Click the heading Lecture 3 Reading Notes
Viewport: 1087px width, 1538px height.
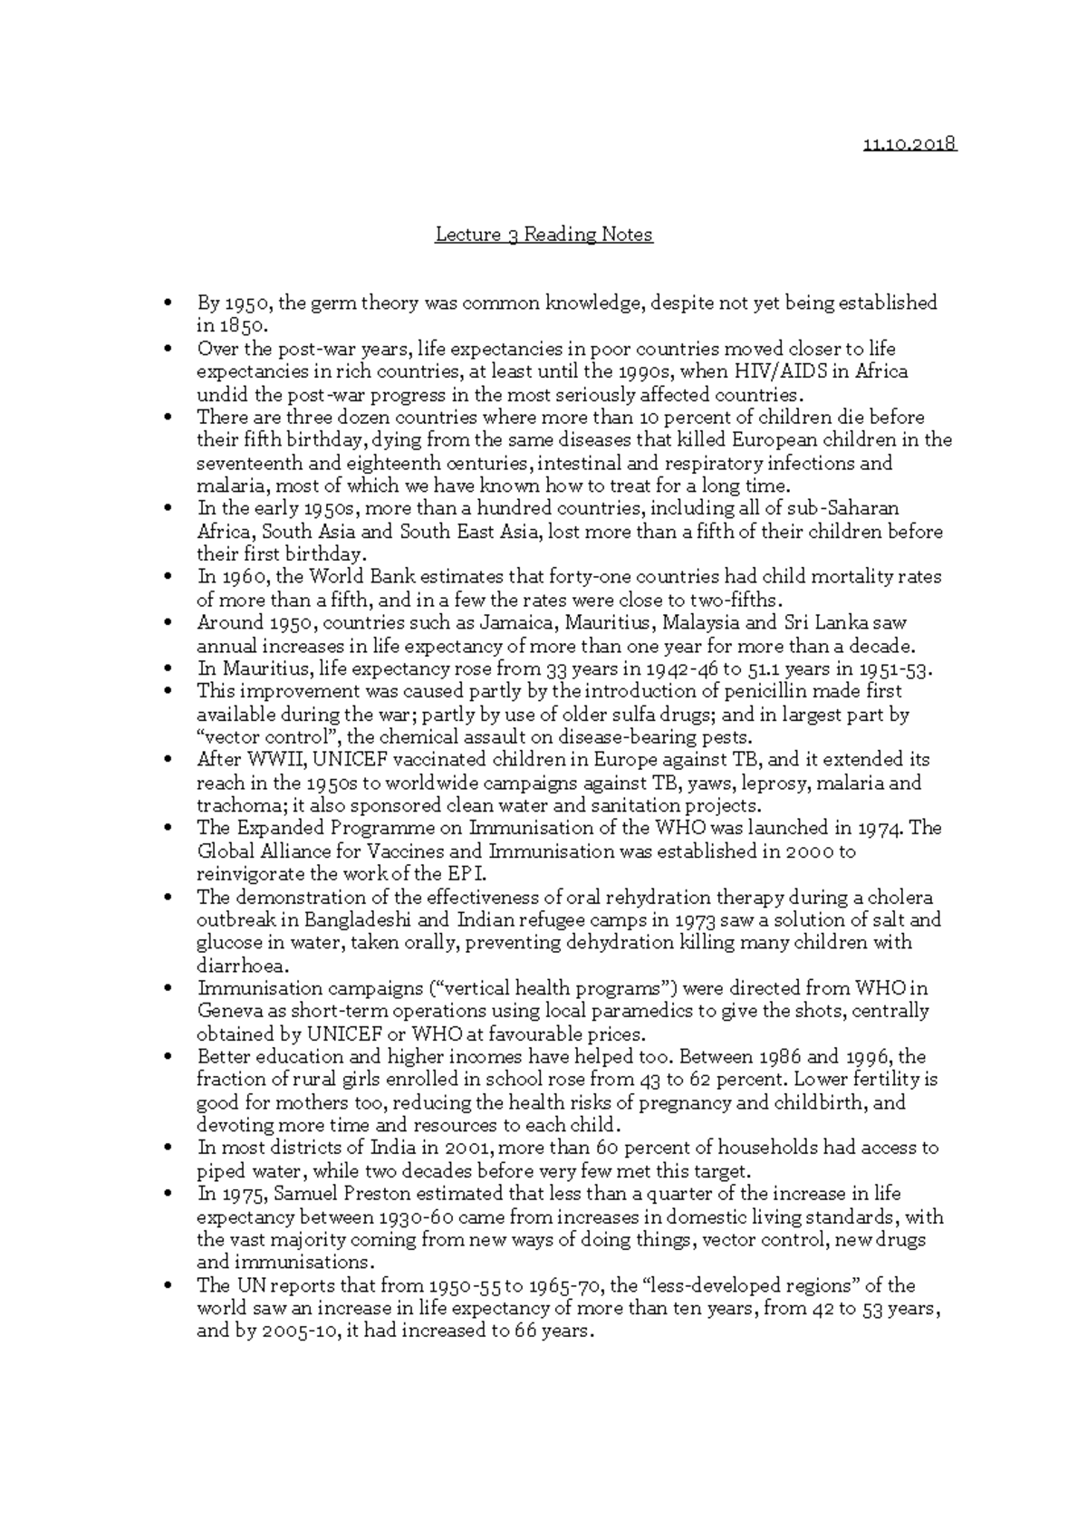pos(543,235)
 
